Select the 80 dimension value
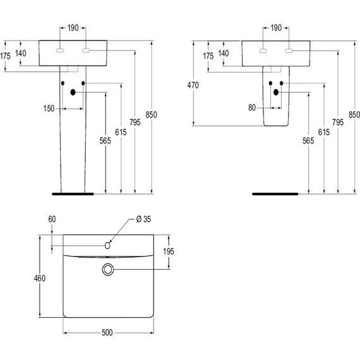coord(252,108)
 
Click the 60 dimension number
coord(52,219)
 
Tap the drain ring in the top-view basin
coord(108,270)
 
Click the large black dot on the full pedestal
coord(73,93)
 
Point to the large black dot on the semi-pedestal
coord(276,93)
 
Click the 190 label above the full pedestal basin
coord(73,28)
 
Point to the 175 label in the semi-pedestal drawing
coord(208,56)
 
